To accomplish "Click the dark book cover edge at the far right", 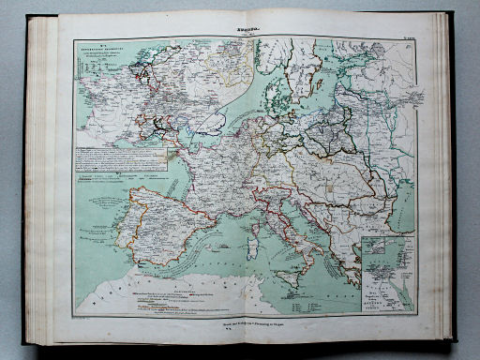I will (x=453, y=178).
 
